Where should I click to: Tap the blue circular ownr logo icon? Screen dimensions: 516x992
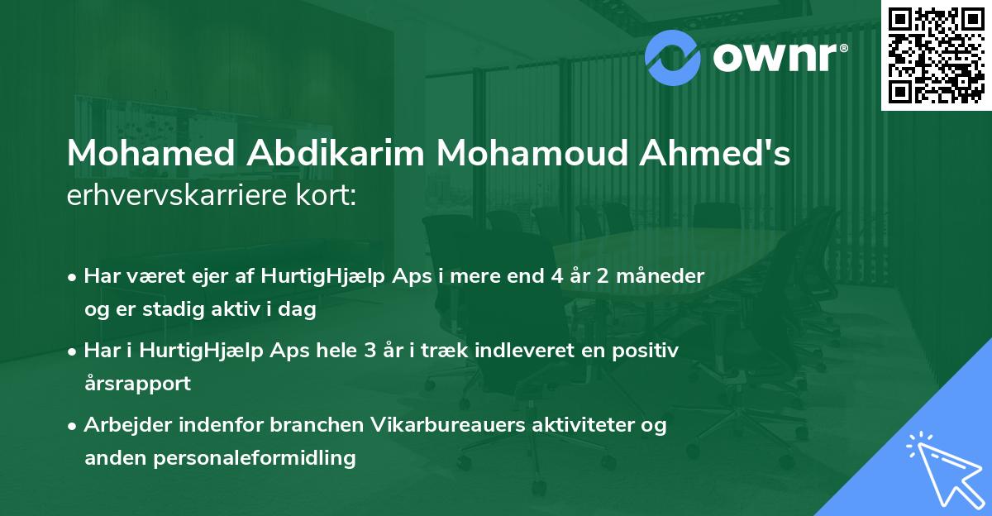pyautogui.click(x=675, y=57)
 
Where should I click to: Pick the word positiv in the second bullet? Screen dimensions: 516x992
pyautogui.click(x=648, y=351)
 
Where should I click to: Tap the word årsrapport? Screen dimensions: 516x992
pyautogui.click(x=137, y=383)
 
